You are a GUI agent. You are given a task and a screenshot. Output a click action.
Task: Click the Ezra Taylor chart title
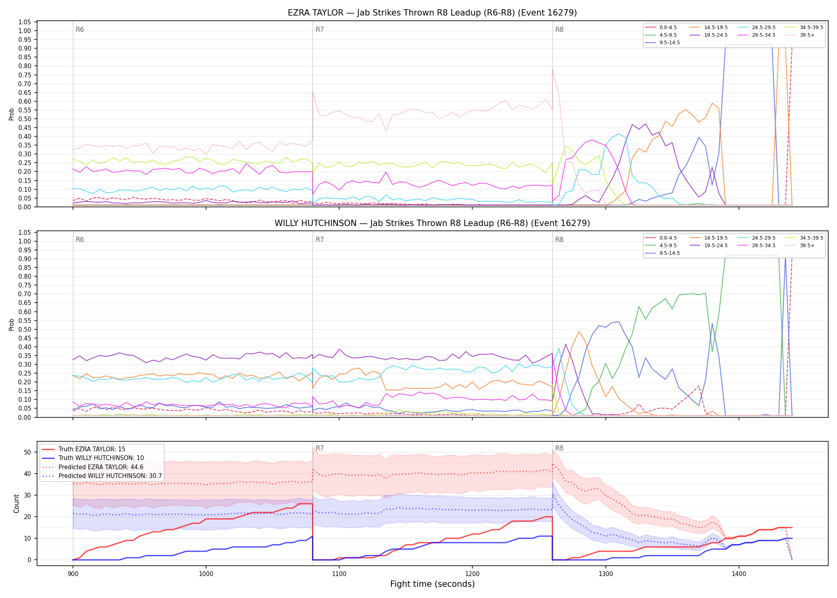pos(432,13)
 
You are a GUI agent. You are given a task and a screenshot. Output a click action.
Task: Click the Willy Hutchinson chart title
pos(432,223)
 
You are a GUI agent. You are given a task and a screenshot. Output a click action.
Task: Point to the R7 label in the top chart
pos(320,30)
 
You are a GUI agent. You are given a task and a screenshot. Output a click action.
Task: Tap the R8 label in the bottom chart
pos(559,448)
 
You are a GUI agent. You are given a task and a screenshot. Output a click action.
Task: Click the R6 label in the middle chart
pos(80,240)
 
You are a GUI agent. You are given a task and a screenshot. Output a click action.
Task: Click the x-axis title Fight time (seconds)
pos(432,584)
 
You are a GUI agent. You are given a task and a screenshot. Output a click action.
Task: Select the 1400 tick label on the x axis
pos(739,574)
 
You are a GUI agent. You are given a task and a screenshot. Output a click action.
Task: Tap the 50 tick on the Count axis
pos(27,452)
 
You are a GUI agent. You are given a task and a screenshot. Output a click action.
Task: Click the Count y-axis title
pos(16,504)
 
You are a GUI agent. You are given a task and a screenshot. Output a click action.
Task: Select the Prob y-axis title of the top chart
pos(12,114)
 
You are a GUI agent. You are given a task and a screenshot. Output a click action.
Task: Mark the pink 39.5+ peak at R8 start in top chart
pos(552,70)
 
